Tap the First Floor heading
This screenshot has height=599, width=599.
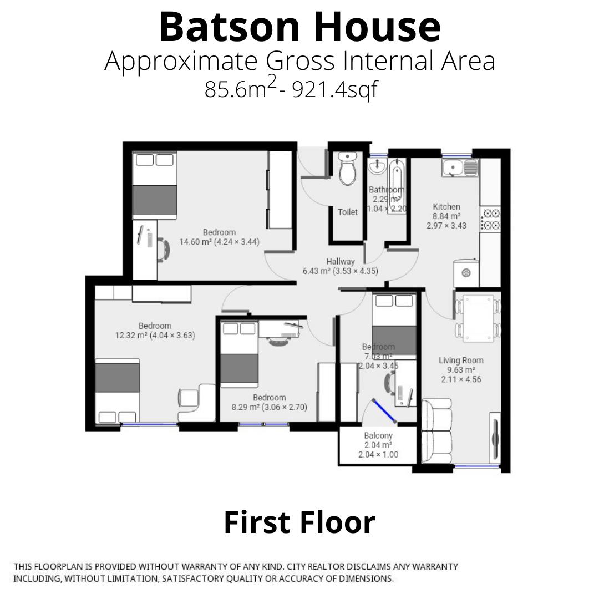[x=299, y=522]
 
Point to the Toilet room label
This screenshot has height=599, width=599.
[x=348, y=212]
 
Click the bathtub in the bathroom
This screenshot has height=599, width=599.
[x=397, y=186]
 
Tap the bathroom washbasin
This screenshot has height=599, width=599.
[x=377, y=166]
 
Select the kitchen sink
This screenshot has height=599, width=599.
[x=459, y=167]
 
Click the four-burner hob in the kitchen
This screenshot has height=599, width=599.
[x=491, y=219]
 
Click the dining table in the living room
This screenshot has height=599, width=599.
[x=478, y=317]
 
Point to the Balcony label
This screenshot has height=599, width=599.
[x=378, y=436]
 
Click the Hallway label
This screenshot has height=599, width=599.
[x=341, y=261]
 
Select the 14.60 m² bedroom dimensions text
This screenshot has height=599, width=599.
[x=219, y=242]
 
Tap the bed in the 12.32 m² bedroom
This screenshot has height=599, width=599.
[x=117, y=390]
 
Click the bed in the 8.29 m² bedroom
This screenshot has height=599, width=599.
[x=240, y=354]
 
